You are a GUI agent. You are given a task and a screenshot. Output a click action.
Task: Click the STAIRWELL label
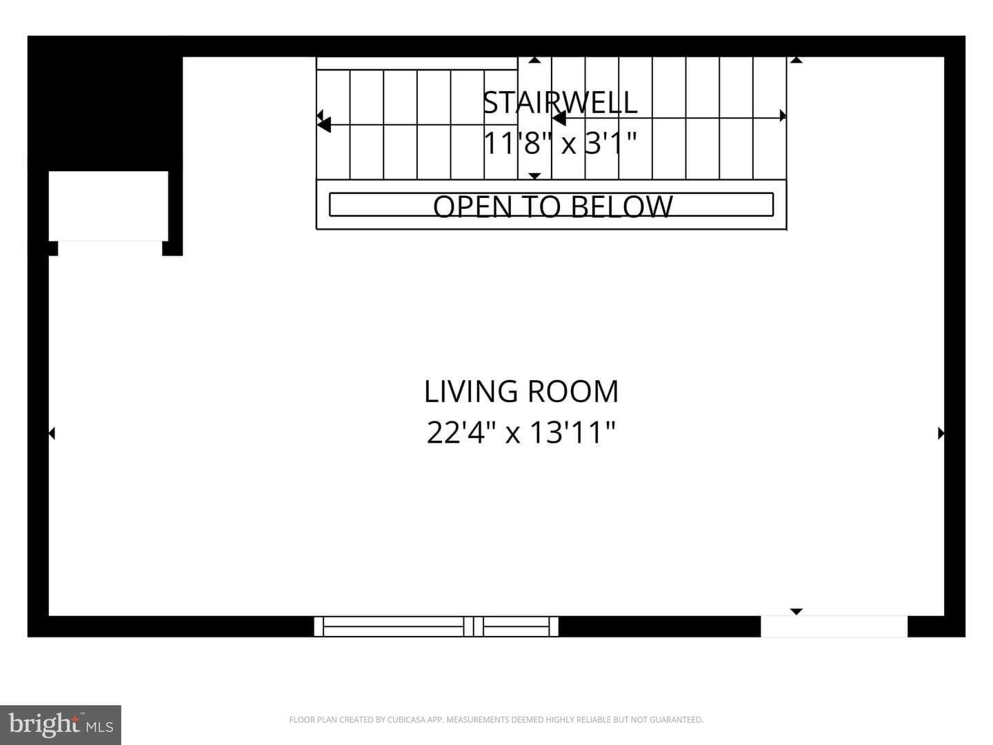tap(560, 102)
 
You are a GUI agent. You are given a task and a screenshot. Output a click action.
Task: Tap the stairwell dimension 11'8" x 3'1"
tap(560, 143)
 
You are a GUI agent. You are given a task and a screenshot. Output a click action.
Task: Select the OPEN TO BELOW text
tap(553, 206)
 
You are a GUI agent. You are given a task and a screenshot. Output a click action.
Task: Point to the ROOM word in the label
tap(573, 391)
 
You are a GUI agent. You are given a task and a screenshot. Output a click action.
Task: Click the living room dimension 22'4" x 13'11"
tap(521, 432)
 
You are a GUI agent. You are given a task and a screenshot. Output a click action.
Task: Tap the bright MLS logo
tap(61, 724)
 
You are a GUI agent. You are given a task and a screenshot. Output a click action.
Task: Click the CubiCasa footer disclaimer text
tap(496, 719)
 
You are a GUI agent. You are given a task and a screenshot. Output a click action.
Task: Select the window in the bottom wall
tap(436, 626)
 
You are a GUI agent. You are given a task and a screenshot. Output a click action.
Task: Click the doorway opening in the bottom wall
tap(834, 626)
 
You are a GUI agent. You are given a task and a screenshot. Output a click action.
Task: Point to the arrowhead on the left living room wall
tap(52, 433)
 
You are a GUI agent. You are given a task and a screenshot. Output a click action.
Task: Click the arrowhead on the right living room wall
tap(941, 433)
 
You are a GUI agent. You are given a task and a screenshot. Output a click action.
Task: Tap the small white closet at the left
tap(108, 206)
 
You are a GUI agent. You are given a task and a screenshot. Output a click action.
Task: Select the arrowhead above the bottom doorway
tap(796, 612)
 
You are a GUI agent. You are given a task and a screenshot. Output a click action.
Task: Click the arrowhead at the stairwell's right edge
tap(783, 116)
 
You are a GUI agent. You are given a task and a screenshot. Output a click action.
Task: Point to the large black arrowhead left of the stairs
tap(324, 124)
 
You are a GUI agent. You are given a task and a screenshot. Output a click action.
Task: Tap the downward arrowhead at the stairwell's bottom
tap(534, 176)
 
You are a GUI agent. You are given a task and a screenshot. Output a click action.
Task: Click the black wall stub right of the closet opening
tap(172, 248)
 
